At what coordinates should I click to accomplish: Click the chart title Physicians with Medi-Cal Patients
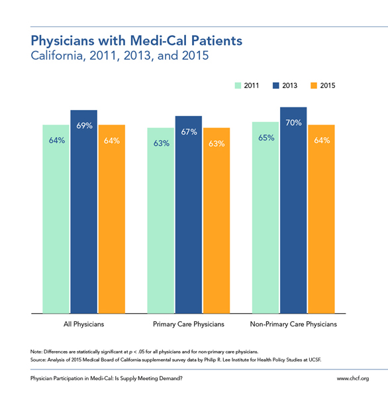pyautogui.click(x=136, y=41)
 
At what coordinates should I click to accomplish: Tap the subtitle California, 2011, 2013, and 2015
pyautogui.click(x=120, y=56)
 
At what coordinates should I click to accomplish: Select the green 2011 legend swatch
pyautogui.click(x=238, y=85)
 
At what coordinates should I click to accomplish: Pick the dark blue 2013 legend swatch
pyautogui.click(x=276, y=85)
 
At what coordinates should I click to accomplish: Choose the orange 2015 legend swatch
pyautogui.click(x=314, y=85)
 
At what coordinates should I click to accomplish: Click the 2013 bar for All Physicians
pyautogui.click(x=84, y=212)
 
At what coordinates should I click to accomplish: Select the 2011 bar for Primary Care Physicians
pyautogui.click(x=161, y=221)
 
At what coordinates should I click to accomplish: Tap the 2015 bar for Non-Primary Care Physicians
pyautogui.click(x=321, y=219)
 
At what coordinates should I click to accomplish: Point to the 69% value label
pyautogui.click(x=84, y=126)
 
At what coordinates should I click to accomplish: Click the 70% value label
pyautogui.click(x=293, y=123)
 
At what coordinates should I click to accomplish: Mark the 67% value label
pyautogui.click(x=189, y=132)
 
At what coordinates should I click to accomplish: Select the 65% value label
pyautogui.click(x=266, y=138)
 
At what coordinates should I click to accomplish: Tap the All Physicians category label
pyautogui.click(x=84, y=324)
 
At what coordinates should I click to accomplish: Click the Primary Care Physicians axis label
pyautogui.click(x=189, y=324)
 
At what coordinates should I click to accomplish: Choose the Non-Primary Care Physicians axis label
pyautogui.click(x=293, y=324)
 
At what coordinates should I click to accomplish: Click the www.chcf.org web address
pyautogui.click(x=353, y=378)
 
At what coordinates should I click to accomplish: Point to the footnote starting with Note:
pyautogui.click(x=144, y=352)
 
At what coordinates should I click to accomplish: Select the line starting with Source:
pyautogui.click(x=175, y=360)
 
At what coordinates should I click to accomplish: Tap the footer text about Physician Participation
pyautogui.click(x=107, y=378)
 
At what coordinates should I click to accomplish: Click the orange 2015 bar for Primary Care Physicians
pyautogui.click(x=217, y=221)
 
